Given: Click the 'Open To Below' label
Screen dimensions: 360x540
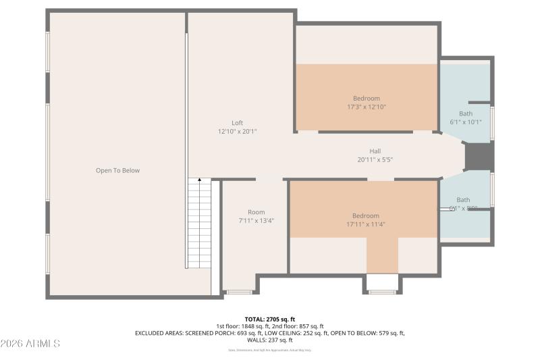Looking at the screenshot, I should (117, 171).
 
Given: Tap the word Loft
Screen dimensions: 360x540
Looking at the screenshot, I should (237, 123).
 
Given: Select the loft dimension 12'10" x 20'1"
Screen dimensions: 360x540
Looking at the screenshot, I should (237, 132).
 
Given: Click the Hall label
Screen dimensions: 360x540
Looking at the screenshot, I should (375, 151).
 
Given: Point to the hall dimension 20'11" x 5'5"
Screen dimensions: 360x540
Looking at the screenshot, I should (375, 160).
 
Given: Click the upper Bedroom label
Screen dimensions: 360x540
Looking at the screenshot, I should (366, 98).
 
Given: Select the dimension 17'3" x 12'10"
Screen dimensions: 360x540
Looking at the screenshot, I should (366, 107).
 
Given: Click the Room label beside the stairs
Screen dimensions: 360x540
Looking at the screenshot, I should (256, 212).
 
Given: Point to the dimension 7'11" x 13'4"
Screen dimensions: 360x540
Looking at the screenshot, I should (256, 221).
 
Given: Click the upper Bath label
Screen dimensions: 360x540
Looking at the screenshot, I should (466, 113).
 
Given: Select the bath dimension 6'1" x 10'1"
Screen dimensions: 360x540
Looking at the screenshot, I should (466, 122).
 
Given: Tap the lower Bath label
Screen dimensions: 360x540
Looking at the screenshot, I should (463, 200).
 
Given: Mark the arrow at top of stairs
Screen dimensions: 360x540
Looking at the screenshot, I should (199, 180).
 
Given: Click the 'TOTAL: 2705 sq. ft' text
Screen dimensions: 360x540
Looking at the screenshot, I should (270, 319).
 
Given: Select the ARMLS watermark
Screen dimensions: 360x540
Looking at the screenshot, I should (30, 344).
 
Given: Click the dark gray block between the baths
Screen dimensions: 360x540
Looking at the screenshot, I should (480, 157).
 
